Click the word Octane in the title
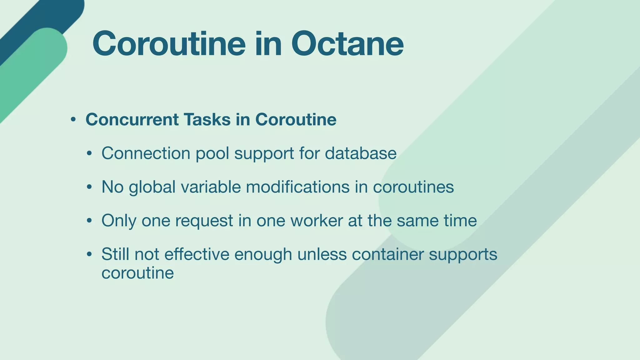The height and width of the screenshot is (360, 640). (x=347, y=44)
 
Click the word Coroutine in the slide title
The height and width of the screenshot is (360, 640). (x=169, y=44)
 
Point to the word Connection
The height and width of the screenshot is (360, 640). (x=146, y=153)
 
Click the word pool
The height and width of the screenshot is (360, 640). (x=212, y=154)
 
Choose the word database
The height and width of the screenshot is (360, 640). (x=361, y=153)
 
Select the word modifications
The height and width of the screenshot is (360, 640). (x=298, y=187)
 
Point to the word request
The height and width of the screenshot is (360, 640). (x=204, y=221)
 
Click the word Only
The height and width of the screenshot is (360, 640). (x=119, y=221)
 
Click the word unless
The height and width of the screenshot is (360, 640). (x=322, y=254)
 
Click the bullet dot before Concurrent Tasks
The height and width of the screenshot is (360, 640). (x=73, y=120)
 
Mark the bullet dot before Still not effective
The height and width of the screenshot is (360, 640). (x=89, y=254)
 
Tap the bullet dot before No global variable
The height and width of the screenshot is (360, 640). (x=89, y=187)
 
